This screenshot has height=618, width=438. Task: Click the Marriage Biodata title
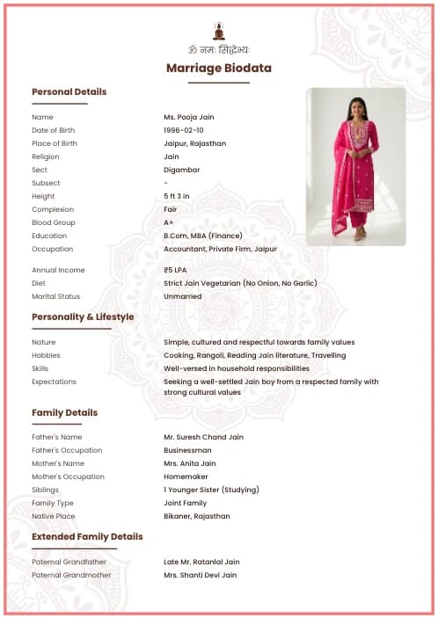point(219,68)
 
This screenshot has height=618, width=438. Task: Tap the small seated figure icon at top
point(219,30)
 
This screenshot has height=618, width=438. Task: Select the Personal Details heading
point(69,91)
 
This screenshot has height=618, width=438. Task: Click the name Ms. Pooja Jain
point(188,117)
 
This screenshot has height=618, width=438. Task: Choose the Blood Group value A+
point(169,222)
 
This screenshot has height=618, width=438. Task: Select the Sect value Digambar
point(181,170)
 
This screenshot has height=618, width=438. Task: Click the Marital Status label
point(55,296)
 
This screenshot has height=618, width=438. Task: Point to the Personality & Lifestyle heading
point(83,316)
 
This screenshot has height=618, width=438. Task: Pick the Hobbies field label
point(46,355)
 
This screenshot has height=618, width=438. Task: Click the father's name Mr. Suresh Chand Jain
point(203,437)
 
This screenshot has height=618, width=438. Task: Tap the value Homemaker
point(187,476)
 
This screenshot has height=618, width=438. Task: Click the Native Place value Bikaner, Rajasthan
point(196,516)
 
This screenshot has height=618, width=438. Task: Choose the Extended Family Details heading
point(87,536)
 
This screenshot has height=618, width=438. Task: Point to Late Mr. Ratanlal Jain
point(201,562)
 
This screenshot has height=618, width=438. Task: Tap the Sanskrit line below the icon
point(219,49)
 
